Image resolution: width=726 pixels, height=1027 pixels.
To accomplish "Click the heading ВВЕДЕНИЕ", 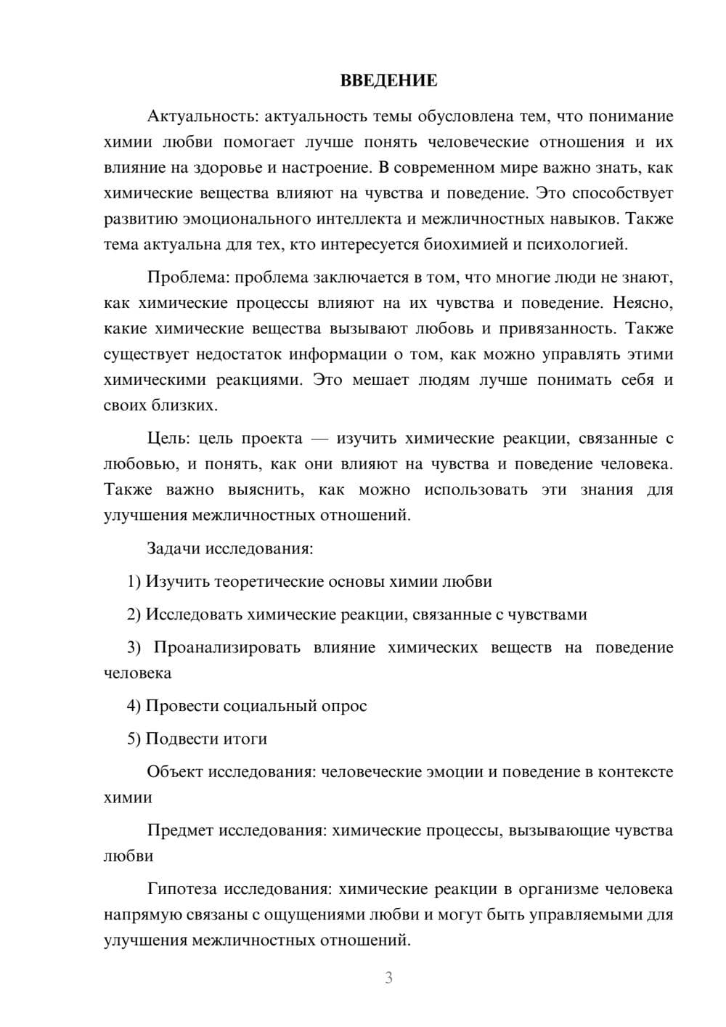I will pos(388,81).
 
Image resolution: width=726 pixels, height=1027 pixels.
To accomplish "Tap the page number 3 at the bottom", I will pos(388,978).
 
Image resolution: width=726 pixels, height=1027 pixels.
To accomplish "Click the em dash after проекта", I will pos(319,439).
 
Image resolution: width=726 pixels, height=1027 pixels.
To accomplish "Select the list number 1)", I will pos(134,581).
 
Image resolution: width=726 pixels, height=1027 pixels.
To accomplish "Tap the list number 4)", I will pos(134,706).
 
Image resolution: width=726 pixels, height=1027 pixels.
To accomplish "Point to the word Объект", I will pos(175,771).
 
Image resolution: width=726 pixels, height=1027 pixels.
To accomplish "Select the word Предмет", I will pos(180,830).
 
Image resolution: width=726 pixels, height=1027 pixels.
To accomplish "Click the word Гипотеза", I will pos(181,889).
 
